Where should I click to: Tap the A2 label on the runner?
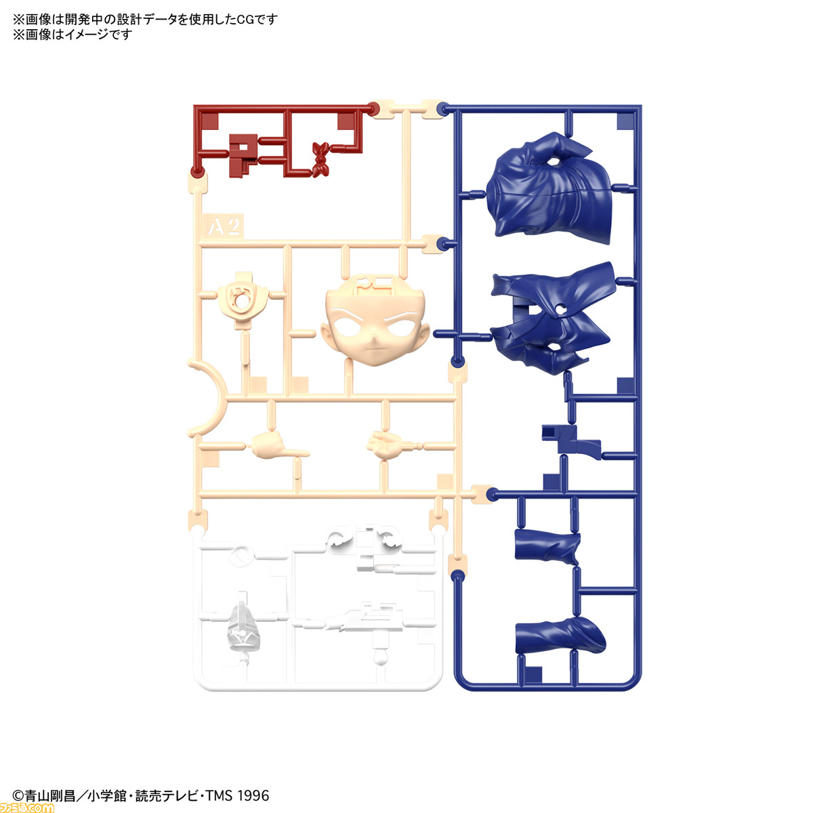click(224, 227)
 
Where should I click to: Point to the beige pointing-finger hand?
click(278, 445)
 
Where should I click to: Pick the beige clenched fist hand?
click(384, 445)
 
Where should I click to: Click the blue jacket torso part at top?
click(549, 188)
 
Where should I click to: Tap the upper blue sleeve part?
click(547, 547)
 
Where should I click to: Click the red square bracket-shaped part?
click(243, 155)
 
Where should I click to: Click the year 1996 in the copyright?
click(252, 795)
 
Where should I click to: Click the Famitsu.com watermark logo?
click(27, 806)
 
